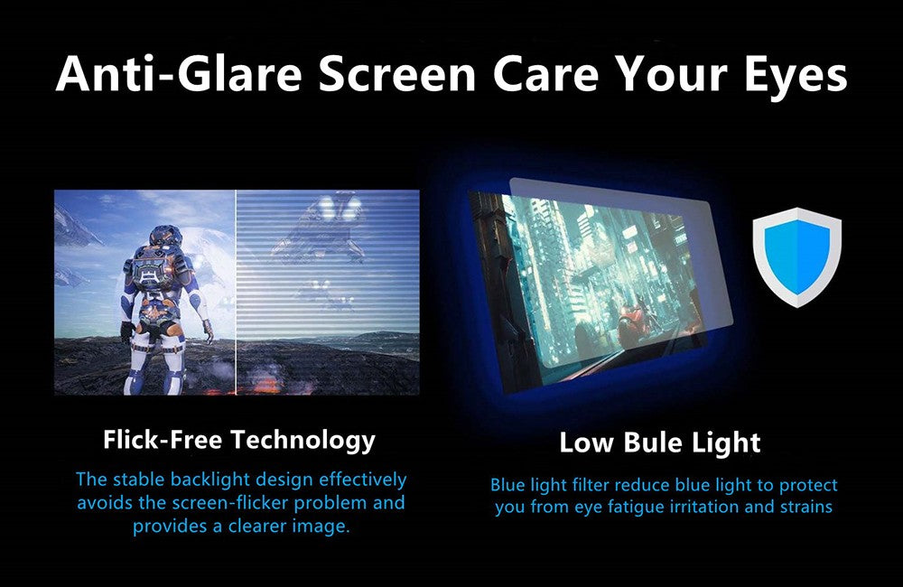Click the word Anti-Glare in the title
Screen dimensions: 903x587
[x=179, y=74]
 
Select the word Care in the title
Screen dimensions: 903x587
[x=545, y=74]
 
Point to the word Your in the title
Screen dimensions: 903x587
[x=671, y=74]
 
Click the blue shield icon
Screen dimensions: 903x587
[x=797, y=257]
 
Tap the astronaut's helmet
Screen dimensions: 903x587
[x=166, y=237]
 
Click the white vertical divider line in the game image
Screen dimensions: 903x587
[x=236, y=293]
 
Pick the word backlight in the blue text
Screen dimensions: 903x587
[x=210, y=480]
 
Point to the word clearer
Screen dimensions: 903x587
[x=257, y=526]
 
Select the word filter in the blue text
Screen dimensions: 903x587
[x=591, y=485]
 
